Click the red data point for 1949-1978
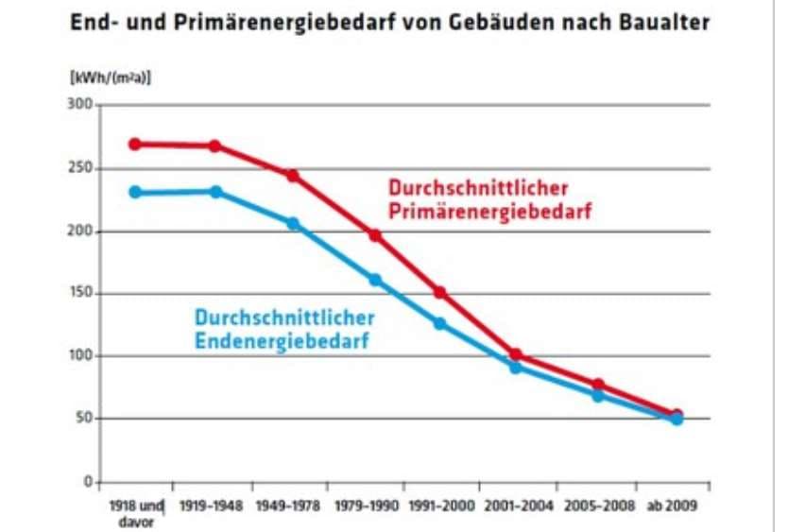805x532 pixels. (293, 176)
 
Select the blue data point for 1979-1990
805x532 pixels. (375, 280)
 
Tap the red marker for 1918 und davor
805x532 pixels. (135, 145)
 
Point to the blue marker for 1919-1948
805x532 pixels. (215, 192)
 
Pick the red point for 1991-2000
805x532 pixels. (439, 292)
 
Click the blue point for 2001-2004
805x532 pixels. (516, 367)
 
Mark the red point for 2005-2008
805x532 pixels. (597, 385)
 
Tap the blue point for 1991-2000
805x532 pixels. (439, 323)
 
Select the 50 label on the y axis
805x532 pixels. (82, 419)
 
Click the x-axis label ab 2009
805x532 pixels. (672, 506)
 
